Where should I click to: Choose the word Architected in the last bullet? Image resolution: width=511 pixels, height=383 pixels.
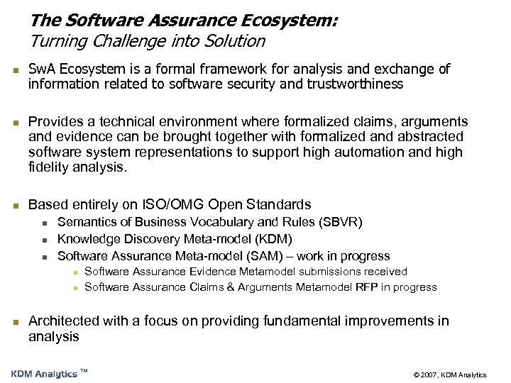pos(63,321)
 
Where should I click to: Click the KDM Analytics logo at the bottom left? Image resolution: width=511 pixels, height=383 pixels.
pos(45,374)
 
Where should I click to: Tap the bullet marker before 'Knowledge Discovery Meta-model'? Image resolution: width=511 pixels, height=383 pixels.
pos(44,240)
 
